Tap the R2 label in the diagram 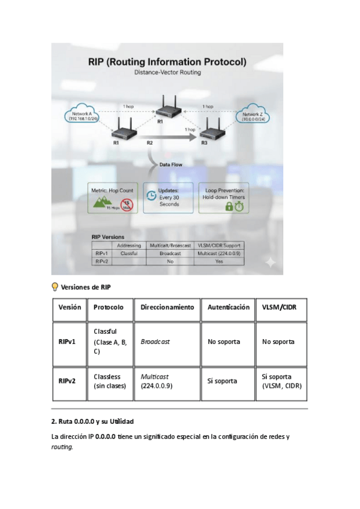coord(150,143)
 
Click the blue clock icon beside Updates coord(152,195)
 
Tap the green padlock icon coord(229,206)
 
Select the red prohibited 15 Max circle coord(128,205)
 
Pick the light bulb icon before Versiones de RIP coord(55,286)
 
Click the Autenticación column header coord(228,307)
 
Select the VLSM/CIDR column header coord(279,307)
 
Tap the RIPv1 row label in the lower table coord(67,342)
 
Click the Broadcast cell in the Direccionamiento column coord(155,342)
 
